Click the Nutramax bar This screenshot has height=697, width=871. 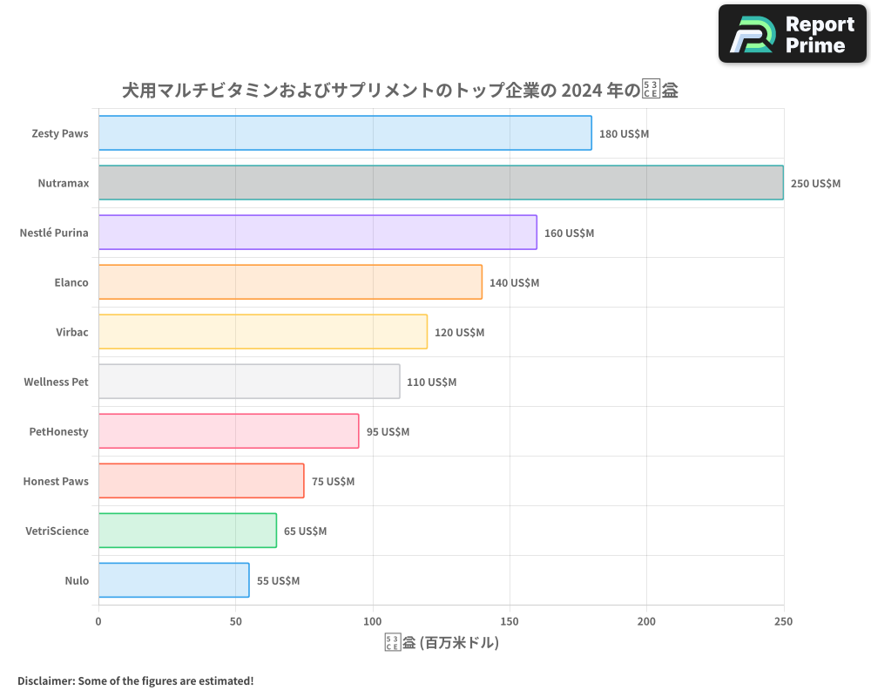pos(441,183)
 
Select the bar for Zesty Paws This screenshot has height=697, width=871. pos(345,133)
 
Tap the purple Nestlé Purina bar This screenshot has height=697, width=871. pos(317,233)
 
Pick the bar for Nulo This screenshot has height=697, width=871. pos(173,580)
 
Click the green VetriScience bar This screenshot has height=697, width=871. pos(187,531)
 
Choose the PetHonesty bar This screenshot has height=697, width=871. pos(228,431)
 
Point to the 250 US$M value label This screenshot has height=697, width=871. pos(815,183)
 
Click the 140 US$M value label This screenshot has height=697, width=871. pos(514,282)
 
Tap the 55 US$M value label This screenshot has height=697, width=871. pos(278,580)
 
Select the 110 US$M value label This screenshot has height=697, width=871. pos(431,382)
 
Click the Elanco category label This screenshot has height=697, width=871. pos(71,282)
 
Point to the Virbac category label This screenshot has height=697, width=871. pos(71,332)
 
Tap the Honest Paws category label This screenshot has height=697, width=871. pos(56,481)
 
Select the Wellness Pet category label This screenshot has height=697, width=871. pos(56,382)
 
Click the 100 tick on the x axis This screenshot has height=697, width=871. pos(373,621)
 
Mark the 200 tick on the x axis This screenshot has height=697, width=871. pos(646,621)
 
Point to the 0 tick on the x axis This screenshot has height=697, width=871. pos(98,621)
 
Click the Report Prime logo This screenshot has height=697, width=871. pos(792,34)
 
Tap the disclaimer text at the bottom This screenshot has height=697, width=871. pos(136,680)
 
